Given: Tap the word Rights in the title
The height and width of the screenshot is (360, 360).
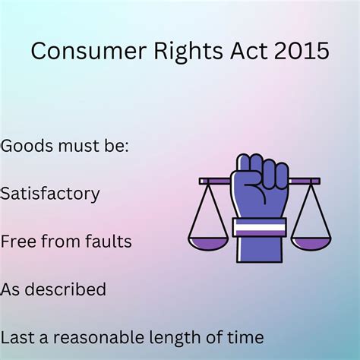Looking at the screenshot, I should pyautogui.click(x=178, y=51).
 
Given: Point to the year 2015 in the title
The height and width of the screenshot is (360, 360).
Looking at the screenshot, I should pyautogui.click(x=301, y=51).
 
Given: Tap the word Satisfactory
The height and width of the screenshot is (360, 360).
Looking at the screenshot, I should pyautogui.click(x=49, y=193).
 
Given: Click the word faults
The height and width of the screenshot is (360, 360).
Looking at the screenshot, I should pyautogui.click(x=108, y=242).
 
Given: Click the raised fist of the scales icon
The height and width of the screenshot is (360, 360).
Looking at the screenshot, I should pyautogui.click(x=260, y=182).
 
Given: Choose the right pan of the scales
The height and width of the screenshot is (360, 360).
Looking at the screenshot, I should pyautogui.click(x=312, y=243).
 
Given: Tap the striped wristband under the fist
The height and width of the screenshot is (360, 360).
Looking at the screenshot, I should pyautogui.click(x=260, y=226).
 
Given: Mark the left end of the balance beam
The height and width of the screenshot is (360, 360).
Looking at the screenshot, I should pyautogui.click(x=203, y=181).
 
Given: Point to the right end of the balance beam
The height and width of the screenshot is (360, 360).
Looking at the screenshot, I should pyautogui.click(x=317, y=181).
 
